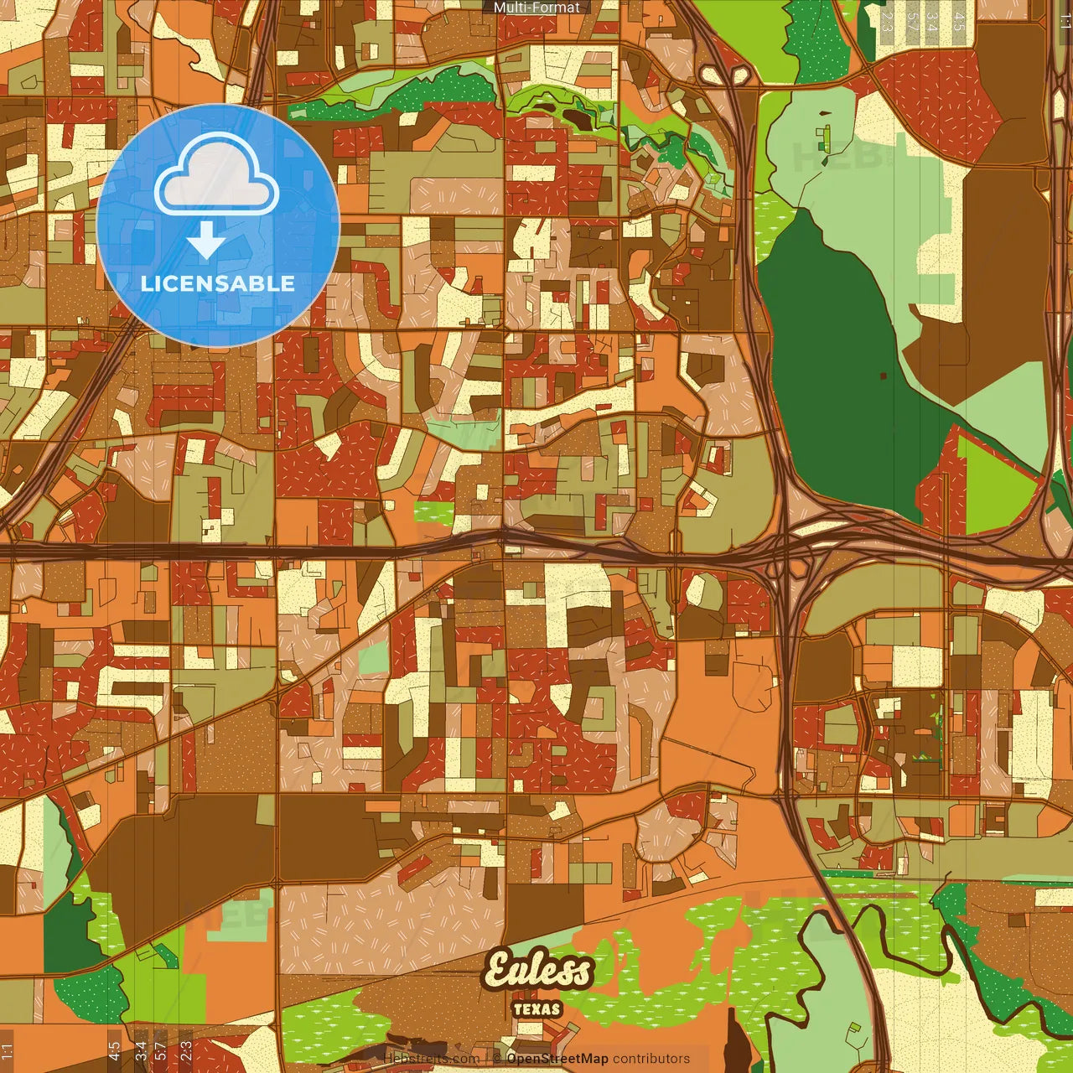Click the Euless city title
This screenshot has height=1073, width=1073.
(x=539, y=971)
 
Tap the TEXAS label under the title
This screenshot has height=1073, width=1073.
(x=536, y=1009)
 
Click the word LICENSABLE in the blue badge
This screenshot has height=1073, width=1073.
(x=217, y=283)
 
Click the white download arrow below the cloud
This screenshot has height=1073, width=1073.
(x=206, y=241)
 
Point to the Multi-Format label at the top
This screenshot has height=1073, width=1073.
(x=536, y=8)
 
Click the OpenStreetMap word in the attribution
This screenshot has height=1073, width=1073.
(x=557, y=1059)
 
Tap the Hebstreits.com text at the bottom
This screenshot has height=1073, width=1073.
(x=432, y=1059)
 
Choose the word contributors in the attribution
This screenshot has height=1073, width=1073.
(x=651, y=1059)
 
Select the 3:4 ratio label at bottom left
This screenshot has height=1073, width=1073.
(x=140, y=1050)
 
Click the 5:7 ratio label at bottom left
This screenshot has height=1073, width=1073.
(x=160, y=1050)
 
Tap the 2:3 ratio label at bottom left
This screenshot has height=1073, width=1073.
(x=186, y=1050)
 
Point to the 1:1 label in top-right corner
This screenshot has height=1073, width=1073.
(x=1065, y=21)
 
